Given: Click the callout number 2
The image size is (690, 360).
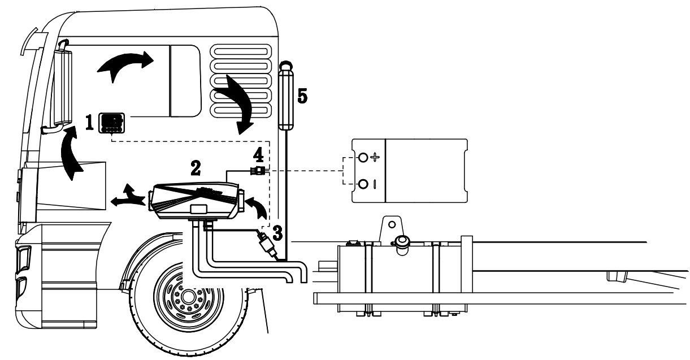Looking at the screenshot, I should (195, 167).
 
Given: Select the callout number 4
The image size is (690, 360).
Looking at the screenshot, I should (258, 154).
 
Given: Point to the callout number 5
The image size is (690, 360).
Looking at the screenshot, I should (302, 97).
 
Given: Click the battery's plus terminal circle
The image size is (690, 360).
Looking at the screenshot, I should (363, 157).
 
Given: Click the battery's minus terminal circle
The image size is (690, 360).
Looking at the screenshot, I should (363, 183).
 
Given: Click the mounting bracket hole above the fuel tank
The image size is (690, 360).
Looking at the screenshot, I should (392, 225).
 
